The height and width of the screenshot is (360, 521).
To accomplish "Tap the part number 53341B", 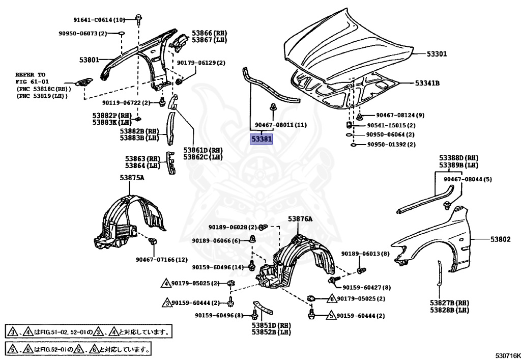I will coord(427,83).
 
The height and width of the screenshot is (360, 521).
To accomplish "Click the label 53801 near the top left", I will coord(89,60).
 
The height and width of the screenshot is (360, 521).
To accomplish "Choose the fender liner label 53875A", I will coord(132,178).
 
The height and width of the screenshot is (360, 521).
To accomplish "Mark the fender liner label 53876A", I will coord(300,218).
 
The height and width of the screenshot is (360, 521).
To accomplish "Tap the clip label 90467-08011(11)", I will coord(281,125).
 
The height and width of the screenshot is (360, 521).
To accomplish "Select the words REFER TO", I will coord(31,74).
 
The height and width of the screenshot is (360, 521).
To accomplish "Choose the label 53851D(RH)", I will coord(271,325).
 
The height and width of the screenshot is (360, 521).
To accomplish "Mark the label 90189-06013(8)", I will coord(365,254).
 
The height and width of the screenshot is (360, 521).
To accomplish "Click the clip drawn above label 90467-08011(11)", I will coord(273,107).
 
